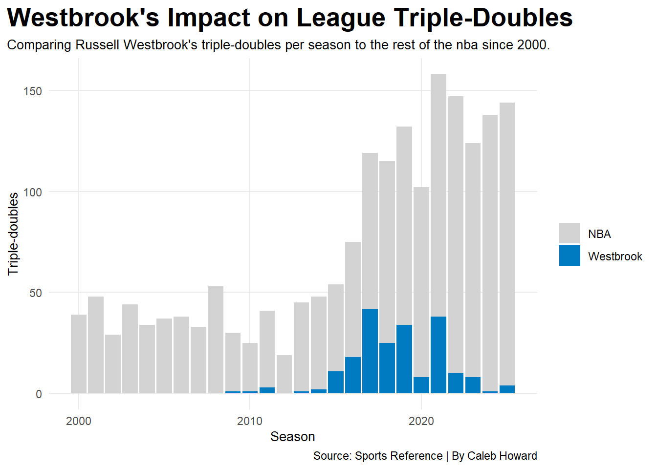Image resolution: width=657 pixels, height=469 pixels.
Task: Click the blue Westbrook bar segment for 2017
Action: coord(370,351)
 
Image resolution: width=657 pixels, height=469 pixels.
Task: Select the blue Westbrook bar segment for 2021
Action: coord(438,355)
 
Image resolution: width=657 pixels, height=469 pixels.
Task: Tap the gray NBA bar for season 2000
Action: coord(79,354)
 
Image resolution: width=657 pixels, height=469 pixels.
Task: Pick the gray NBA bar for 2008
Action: coord(216,340)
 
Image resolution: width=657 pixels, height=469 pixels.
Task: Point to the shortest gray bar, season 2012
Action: coord(284,374)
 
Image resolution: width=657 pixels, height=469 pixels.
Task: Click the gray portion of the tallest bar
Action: coord(438,195)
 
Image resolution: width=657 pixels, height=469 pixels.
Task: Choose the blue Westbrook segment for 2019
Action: coord(404,359)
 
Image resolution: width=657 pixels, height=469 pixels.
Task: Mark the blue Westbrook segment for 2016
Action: coord(352,375)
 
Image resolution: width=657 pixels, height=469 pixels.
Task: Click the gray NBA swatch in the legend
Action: coord(569,234)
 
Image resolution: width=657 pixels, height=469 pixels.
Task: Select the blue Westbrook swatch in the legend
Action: coord(569,256)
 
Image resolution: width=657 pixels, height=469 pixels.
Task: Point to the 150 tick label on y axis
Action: coord(33,91)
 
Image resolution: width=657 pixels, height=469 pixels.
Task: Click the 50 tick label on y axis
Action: coord(36,293)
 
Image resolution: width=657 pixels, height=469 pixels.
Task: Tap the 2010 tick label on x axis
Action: coord(250,421)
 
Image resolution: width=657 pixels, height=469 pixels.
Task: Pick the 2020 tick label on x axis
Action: coord(421,421)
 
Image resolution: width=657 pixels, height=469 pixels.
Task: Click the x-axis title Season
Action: coord(292,437)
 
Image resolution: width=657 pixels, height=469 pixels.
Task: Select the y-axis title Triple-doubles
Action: coord(13,234)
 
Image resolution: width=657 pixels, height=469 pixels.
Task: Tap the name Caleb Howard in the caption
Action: coord(502,456)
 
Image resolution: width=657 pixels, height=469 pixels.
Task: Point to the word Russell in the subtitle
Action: coord(98,45)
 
